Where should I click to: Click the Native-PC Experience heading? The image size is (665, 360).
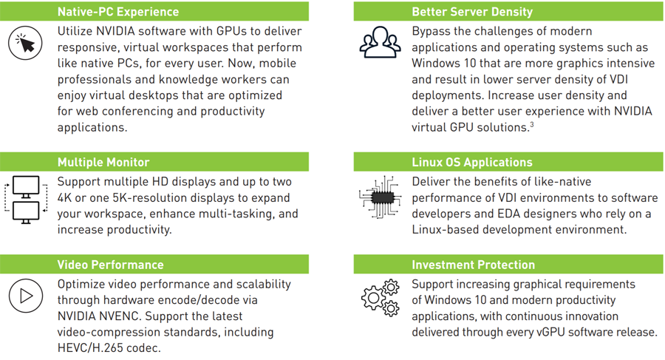coord(118,12)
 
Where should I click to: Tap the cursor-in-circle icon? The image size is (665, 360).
coord(26,44)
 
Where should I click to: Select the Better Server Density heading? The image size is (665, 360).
coord(471,12)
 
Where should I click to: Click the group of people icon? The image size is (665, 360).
coord(380,43)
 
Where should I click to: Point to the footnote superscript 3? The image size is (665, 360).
coord(531,125)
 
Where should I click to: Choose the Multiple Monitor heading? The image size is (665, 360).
coord(103,162)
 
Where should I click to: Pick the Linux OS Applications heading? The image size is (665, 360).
coord(472,162)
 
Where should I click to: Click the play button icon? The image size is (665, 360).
coord(26,296)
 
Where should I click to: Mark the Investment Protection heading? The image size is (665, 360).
coord(473,265)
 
